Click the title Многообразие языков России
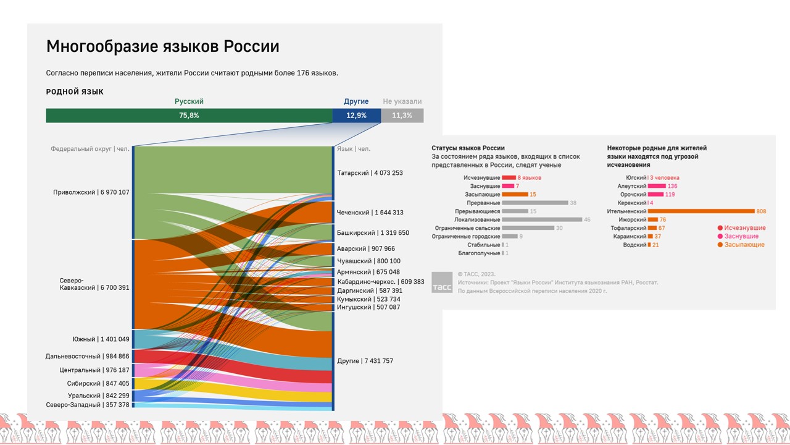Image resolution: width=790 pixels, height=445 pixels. click(x=163, y=46)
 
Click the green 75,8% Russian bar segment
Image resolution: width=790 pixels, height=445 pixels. click(x=189, y=116)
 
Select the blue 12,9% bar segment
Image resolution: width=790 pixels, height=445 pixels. click(x=356, y=116)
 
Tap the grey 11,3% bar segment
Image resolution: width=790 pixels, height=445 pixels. click(x=402, y=116)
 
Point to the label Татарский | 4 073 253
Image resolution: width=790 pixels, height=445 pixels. click(x=370, y=173)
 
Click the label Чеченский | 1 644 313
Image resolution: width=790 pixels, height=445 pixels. click(x=370, y=213)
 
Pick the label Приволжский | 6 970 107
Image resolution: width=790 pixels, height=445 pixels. click(x=91, y=192)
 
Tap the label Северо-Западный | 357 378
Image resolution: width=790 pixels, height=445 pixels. click(x=88, y=405)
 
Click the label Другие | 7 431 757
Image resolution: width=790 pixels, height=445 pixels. click(x=365, y=361)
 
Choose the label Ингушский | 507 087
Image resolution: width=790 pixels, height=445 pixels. click(x=368, y=307)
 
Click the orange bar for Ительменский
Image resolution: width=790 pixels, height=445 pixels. click(x=701, y=211)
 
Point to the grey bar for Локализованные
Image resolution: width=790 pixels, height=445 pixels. click(x=542, y=219)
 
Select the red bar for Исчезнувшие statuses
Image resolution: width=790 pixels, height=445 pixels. click(x=509, y=178)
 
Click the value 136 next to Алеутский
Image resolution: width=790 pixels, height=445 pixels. click(x=672, y=186)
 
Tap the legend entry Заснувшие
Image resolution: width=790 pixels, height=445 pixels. click(x=741, y=236)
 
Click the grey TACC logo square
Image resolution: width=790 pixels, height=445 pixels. click(x=442, y=282)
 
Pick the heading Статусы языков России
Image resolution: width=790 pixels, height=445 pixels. click(x=468, y=148)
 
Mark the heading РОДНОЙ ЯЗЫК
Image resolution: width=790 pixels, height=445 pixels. click(x=75, y=91)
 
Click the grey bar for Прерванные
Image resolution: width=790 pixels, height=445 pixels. click(x=535, y=203)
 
